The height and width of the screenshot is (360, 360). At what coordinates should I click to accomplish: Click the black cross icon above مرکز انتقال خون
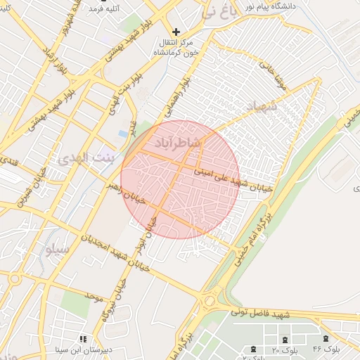[176, 32]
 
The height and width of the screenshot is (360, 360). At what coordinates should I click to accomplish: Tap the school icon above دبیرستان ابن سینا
[82, 338]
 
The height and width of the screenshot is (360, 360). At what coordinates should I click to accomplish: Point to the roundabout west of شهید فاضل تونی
[210, 302]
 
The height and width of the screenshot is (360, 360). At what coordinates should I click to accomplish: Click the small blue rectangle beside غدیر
[124, 134]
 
